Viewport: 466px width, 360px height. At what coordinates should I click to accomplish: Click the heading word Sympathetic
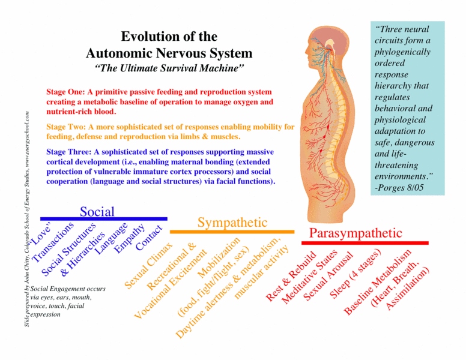tap(232, 223)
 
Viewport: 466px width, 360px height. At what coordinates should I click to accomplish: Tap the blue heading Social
tap(97, 211)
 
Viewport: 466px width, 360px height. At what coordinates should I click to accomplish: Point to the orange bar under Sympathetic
tap(232, 232)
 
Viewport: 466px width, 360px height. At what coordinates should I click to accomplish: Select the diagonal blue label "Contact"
tap(149, 238)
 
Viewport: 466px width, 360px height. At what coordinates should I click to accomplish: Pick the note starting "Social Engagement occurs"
tap(68, 301)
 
